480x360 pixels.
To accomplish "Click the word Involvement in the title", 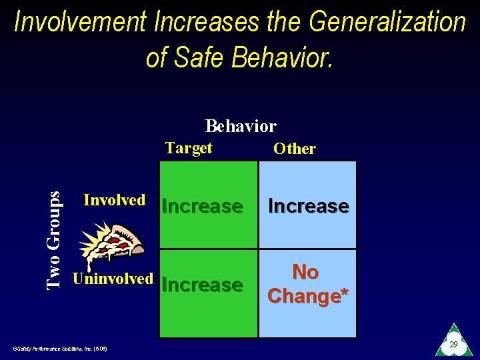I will (80, 22).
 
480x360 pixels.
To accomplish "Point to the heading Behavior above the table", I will (241, 126).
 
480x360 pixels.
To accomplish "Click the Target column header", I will (189, 148).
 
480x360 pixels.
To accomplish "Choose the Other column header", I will (295, 149).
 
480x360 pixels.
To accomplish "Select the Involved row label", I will (114, 200).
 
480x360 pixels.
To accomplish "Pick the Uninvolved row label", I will (113, 279).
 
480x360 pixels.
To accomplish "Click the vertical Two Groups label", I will (55, 239).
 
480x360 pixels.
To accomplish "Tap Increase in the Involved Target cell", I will (202, 207).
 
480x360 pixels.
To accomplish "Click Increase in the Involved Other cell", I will (308, 207).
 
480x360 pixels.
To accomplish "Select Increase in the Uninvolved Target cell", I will (202, 285).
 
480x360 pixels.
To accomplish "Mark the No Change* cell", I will (307, 284).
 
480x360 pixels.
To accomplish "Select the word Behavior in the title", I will (283, 57).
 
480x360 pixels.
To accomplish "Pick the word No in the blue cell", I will (305, 272).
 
